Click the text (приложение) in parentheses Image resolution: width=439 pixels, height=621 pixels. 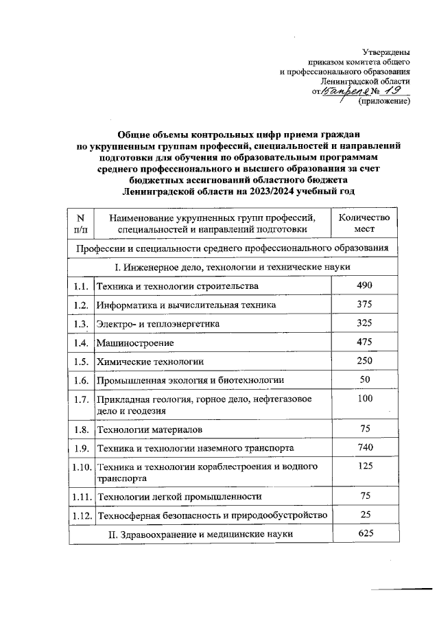tap(384, 102)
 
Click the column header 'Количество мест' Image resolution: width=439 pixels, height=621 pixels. tap(364, 222)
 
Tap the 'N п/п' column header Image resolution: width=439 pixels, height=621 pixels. tap(80, 222)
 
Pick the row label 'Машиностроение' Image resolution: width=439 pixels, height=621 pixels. tap(135, 342)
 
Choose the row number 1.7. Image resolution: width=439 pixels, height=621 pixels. tap(80, 399)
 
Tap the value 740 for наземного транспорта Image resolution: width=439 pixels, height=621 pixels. tap(364, 447)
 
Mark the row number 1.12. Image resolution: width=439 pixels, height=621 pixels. tap(82, 515)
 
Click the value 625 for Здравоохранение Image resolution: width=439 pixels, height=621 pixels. tap(364, 532)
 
